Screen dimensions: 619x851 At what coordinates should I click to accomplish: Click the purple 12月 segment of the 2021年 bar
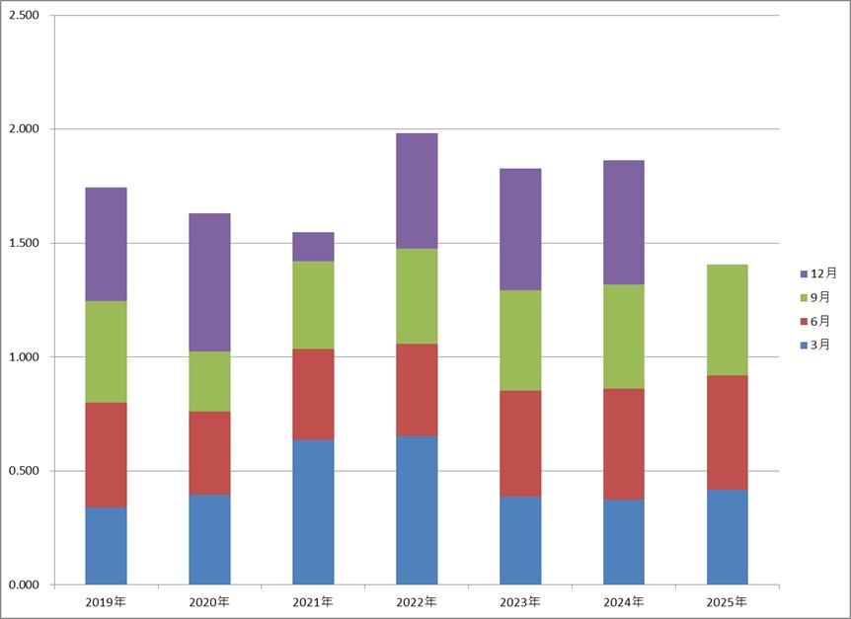click(313, 247)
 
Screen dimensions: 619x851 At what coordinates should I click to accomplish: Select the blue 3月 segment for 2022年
click(417, 509)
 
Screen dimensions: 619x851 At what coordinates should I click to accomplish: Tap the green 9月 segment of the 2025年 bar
click(728, 320)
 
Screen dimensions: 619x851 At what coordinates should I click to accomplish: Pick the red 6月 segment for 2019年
click(106, 454)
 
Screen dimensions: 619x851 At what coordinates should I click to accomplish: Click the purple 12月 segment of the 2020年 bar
click(209, 282)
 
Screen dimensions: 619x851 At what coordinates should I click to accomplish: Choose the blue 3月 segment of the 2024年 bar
click(624, 542)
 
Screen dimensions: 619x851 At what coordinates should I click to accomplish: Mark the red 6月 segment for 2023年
click(520, 443)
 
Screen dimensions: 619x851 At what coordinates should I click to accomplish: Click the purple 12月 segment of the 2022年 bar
click(417, 191)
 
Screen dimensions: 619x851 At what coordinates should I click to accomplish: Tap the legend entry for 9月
click(817, 297)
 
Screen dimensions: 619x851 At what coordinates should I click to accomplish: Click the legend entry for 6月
click(817, 321)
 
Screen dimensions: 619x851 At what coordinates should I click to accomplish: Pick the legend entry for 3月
click(817, 345)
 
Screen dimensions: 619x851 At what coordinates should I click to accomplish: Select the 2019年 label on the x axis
click(106, 601)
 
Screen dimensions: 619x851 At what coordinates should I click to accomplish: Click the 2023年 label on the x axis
click(520, 601)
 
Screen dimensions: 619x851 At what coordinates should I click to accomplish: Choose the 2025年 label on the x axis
click(728, 601)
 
